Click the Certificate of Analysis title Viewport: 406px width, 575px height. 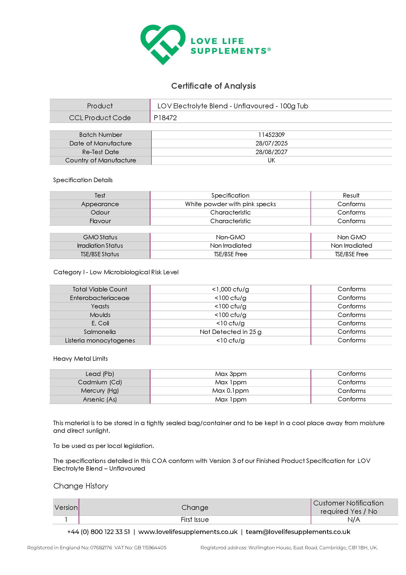[213, 86]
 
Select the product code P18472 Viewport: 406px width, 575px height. [165, 118]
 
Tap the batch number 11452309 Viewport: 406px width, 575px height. [271, 135]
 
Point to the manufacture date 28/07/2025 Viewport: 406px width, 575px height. [271, 143]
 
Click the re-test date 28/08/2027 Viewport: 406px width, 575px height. [271, 152]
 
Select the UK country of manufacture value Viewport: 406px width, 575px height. [271, 160]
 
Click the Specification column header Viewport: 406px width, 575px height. [230, 195]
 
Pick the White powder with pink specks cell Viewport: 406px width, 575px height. [230, 204]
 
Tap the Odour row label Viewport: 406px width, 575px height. [100, 212]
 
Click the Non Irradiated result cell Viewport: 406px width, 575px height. [351, 246]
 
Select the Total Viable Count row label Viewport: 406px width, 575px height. [100, 289]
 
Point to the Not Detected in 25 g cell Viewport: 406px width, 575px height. [230, 332]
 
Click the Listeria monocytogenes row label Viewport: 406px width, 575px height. [100, 340]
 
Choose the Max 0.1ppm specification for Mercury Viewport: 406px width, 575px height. [230, 391]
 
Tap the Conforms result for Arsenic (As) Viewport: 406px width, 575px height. [351, 399]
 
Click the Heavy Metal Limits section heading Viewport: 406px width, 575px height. [80, 359]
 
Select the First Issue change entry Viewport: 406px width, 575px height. [195, 520]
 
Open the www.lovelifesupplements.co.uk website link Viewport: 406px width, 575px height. [188, 532]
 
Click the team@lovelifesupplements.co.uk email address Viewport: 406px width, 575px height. [298, 532]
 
